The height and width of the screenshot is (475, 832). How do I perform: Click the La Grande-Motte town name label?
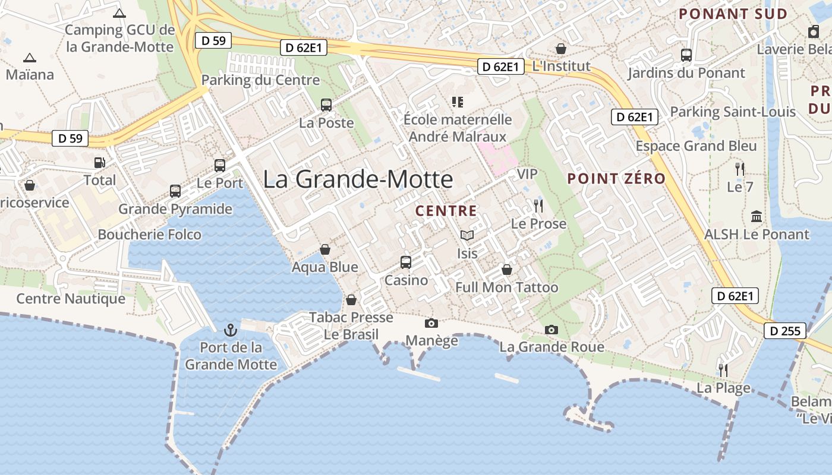358,179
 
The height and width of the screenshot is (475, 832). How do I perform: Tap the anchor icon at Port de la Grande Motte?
231,330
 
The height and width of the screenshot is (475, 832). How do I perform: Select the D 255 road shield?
785,331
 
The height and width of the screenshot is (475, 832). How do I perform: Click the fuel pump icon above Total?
100,163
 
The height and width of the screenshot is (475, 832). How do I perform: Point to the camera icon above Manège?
431,323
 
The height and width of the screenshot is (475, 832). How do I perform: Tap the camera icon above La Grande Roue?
551,330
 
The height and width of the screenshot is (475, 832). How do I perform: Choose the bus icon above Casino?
406,262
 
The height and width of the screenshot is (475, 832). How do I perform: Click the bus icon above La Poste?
326,105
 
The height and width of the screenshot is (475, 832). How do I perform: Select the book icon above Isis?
467,236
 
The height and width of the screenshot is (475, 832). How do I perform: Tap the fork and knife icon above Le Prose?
538,206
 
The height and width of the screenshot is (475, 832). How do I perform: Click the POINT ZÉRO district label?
616,178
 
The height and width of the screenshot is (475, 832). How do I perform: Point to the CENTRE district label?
446,211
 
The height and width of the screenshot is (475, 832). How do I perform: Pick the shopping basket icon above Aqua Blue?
325,249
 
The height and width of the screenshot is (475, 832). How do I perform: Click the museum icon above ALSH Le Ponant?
757,216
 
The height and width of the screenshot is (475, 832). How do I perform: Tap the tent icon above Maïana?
29,58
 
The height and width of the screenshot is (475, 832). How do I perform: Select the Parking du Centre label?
260,80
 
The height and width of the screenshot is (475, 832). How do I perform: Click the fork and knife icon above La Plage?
723,370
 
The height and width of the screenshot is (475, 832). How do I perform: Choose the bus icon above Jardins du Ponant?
686,55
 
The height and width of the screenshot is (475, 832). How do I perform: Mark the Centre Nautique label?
71,298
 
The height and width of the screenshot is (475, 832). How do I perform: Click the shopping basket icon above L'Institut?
561,48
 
